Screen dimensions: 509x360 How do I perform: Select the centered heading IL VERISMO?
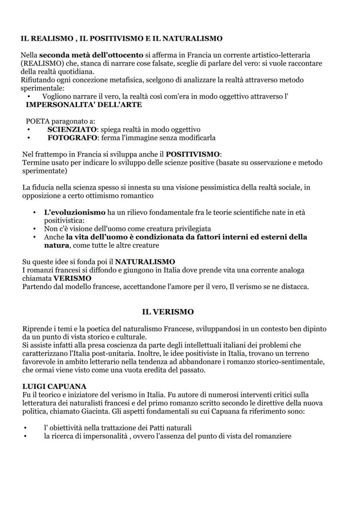pos(168,312)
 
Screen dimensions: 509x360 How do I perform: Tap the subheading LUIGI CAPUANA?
pos(54,386)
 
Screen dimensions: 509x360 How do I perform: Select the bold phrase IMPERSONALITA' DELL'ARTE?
pos(84,105)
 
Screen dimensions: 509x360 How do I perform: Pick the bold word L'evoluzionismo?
pos(75,213)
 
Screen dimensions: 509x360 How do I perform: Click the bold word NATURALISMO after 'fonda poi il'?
pos(145,262)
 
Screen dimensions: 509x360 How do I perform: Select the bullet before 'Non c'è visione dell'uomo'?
pos(34,229)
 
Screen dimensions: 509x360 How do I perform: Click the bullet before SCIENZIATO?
pos(28,130)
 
